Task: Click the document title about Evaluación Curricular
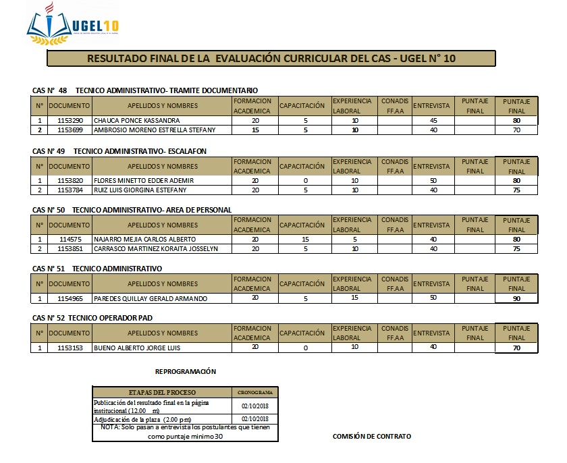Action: pyautogui.click(x=271, y=59)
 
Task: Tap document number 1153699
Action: pyautogui.click(x=70, y=130)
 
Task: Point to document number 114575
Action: pyautogui.click(x=70, y=240)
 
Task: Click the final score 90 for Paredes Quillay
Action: pyautogui.click(x=516, y=298)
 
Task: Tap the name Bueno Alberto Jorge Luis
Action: pyautogui.click(x=138, y=348)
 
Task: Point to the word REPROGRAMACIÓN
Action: pyautogui.click(x=186, y=371)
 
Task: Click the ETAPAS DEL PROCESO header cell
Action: pyautogui.click(x=162, y=392)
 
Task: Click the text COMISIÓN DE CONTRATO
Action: pyautogui.click(x=372, y=437)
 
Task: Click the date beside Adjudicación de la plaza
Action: pyautogui.click(x=254, y=419)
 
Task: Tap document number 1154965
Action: pyautogui.click(x=70, y=298)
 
